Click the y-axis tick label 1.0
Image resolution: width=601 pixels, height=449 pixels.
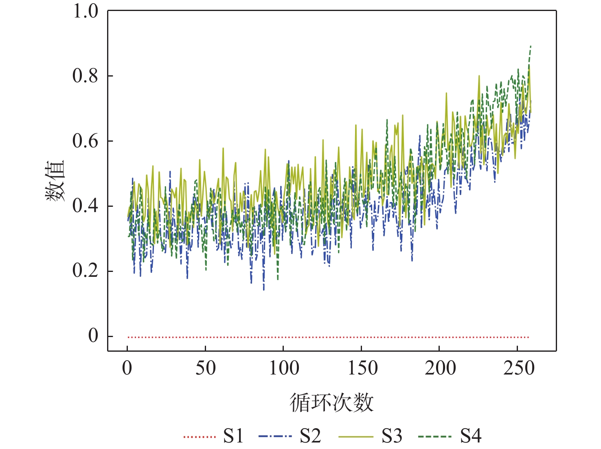pyautogui.click(x=86, y=11)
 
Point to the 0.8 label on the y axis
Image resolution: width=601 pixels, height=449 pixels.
pyautogui.click(x=86, y=76)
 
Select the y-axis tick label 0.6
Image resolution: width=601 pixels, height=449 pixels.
pyautogui.click(x=86, y=141)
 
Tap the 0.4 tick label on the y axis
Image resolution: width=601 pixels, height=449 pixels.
pyautogui.click(x=86, y=206)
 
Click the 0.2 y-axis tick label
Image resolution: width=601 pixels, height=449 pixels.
pyautogui.click(x=86, y=271)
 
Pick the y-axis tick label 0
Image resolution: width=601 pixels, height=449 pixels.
pyautogui.click(x=93, y=336)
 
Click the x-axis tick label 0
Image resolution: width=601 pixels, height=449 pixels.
pyautogui.click(x=127, y=368)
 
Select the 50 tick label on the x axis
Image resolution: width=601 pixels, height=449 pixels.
pyautogui.click(x=205, y=368)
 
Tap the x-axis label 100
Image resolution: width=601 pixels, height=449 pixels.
pyautogui.click(x=283, y=368)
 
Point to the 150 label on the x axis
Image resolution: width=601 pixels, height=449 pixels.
pyautogui.click(x=362, y=368)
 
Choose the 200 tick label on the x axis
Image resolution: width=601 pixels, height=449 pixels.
pyautogui.click(x=440, y=368)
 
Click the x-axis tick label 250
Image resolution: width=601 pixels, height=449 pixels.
pyautogui.click(x=518, y=368)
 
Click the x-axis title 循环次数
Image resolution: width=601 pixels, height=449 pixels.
pyautogui.click(x=331, y=403)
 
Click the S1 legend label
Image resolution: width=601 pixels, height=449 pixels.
pyautogui.click(x=233, y=436)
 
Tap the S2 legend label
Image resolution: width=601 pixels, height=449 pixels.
pyautogui.click(x=310, y=436)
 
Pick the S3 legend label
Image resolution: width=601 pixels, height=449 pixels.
pyautogui.click(x=392, y=436)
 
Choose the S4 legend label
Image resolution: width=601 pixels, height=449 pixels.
pyautogui.click(x=471, y=436)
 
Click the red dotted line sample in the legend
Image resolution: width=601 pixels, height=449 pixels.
pyautogui.click(x=200, y=437)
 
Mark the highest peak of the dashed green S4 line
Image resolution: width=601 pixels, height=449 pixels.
pyautogui.click(x=531, y=46)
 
